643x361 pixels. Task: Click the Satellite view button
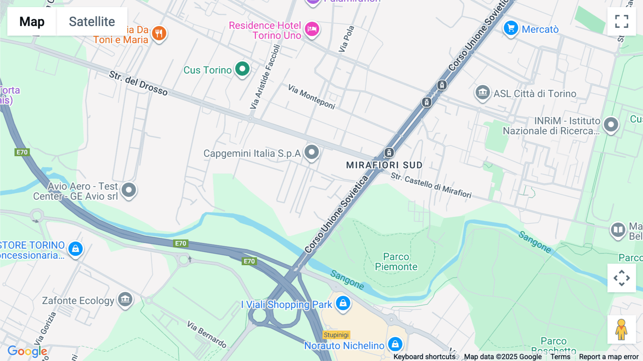(92, 21)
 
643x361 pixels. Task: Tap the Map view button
(32, 21)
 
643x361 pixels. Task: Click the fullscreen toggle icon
(622, 21)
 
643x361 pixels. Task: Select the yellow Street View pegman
(621, 330)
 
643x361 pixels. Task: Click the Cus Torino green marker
(242, 69)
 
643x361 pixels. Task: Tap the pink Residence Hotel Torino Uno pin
(312, 29)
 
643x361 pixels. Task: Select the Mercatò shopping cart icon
(511, 28)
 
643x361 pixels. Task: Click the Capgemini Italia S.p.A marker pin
(311, 153)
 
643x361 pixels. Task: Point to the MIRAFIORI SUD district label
(384, 165)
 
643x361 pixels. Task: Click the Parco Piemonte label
(396, 262)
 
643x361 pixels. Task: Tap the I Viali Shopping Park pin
(343, 303)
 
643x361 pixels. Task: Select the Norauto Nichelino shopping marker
(395, 344)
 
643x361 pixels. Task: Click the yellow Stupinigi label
(336, 335)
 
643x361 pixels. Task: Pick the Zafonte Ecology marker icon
(125, 299)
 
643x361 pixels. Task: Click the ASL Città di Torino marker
(482, 93)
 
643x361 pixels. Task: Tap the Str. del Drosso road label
(138, 83)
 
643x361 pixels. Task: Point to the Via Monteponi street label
(311, 97)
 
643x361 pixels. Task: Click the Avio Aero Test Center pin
(129, 190)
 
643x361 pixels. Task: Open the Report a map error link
(609, 357)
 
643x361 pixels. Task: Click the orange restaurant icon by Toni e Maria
(159, 34)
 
